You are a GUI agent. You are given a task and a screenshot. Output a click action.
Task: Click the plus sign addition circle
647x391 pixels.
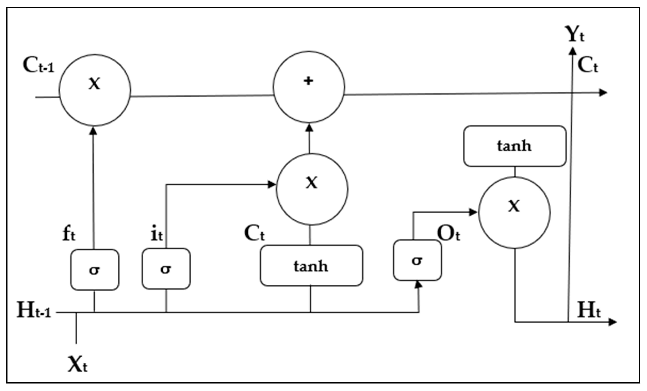(x=309, y=87)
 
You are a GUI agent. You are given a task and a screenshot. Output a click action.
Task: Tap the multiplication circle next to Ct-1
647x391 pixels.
(x=95, y=90)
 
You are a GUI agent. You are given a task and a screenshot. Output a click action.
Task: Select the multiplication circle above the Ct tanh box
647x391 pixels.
(x=312, y=189)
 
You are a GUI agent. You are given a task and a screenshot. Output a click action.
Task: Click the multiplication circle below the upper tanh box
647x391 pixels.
(x=514, y=213)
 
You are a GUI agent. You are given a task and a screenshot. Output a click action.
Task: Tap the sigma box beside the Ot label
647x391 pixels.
(x=417, y=260)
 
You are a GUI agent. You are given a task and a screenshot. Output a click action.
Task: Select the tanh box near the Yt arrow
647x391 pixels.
(x=515, y=146)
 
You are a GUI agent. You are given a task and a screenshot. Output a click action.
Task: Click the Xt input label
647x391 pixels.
(x=77, y=364)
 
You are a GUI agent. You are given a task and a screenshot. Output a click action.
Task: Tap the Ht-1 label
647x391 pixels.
(x=34, y=310)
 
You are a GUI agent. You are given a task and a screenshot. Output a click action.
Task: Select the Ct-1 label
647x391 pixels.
(x=38, y=65)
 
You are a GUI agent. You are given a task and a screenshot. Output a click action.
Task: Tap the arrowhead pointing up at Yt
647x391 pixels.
(x=572, y=51)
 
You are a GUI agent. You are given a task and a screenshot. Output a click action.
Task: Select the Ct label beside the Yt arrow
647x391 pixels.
(x=588, y=65)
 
